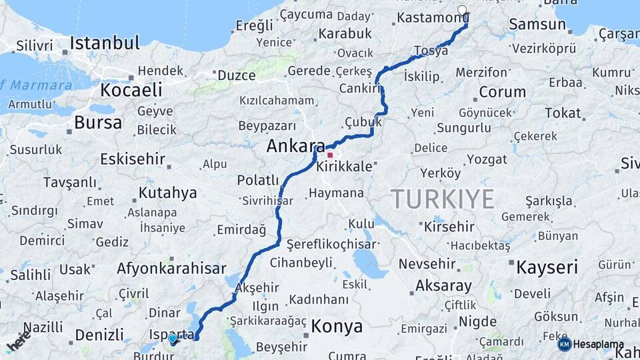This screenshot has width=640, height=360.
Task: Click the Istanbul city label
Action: tap(105, 43)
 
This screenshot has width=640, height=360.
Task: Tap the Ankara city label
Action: tap(295, 147)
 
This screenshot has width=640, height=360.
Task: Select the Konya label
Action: tap(337, 327)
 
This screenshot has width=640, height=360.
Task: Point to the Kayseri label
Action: tap(547, 267)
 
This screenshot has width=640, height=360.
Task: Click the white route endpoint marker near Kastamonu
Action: tap(463, 10)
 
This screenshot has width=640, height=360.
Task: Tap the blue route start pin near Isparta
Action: tap(173, 339)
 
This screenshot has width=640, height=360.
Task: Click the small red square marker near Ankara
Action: tap(329, 155)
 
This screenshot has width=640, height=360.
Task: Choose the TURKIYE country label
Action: tap(442, 199)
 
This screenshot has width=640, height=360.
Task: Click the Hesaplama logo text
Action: tap(598, 345)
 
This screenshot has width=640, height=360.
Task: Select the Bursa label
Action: tap(98, 123)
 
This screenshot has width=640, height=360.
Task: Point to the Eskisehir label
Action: tap(132, 159)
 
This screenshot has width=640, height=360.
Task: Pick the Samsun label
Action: tap(537, 25)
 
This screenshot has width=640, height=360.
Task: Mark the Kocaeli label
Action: tap(131, 90)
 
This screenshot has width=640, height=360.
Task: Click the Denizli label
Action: tap(99, 335)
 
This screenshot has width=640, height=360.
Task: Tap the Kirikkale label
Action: tap(344, 167)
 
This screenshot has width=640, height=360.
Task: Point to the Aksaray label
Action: tap(443, 286)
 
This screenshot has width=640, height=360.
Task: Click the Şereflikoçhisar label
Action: tap(331, 245)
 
